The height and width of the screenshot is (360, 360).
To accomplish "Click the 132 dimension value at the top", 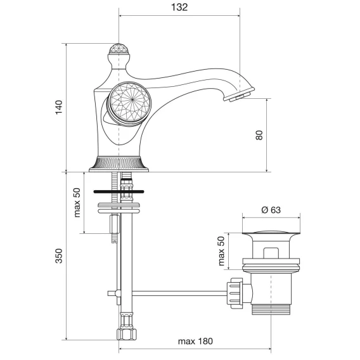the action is (x=179, y=8).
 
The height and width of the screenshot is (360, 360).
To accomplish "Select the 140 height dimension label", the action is (x=59, y=107).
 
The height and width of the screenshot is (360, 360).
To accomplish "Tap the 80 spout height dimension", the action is (x=259, y=135).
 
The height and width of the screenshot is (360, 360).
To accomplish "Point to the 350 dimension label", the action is (x=59, y=256).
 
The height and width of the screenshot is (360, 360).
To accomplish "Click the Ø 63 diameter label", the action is (x=271, y=210).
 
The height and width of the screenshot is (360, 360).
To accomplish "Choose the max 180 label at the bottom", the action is (x=195, y=341).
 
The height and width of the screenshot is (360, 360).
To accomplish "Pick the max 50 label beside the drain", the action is (x=221, y=251).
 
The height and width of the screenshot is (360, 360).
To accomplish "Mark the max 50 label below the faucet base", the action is (x=77, y=202).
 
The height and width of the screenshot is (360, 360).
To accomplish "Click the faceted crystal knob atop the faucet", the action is (x=119, y=49).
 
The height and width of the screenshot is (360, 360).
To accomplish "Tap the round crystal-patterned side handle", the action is (x=130, y=104).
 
